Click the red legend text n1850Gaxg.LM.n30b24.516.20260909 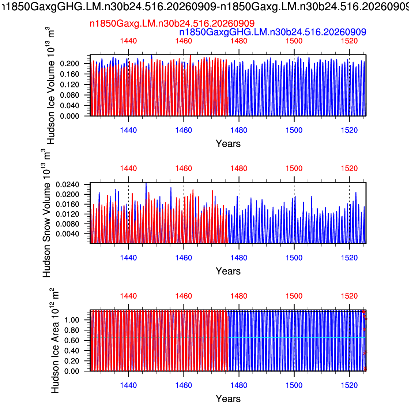tap(172, 24)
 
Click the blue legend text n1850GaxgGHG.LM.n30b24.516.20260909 tap(273, 32)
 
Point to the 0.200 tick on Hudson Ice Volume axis tap(69, 63)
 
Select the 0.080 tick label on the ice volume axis tap(69, 95)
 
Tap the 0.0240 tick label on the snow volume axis tap(67, 185)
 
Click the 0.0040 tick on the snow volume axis tap(67, 234)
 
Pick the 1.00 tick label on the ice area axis tap(72, 320)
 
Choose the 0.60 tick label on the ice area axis tap(72, 341)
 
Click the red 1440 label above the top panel tap(128, 41)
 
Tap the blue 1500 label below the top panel tap(294, 130)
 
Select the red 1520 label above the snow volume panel tap(350, 168)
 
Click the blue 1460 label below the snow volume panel tap(184, 258)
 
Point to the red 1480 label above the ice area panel tap(239, 296)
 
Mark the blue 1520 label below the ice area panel tap(350, 385)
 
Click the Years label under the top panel tap(228, 144)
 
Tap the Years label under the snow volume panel tap(228, 271)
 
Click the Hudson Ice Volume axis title tap(50, 85)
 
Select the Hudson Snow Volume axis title tap(46, 213)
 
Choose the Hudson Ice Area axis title tap(55, 341)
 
